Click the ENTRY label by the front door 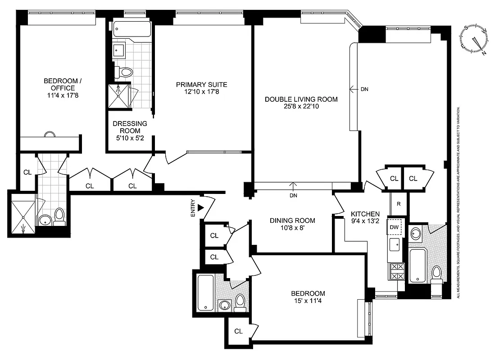pos(193,208)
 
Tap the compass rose pos(474,39)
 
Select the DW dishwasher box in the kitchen pos(395,227)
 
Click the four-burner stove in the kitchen pos(397,271)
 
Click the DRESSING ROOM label pos(130,127)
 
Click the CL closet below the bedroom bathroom pos(238,331)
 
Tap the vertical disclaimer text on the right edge pos(458,202)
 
